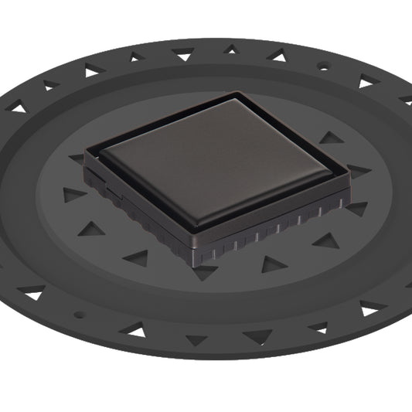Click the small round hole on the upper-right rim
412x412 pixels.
[x=323, y=67]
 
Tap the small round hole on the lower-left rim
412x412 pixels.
[x=77, y=315]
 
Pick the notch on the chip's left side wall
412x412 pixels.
[x=113, y=186]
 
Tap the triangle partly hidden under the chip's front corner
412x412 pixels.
[x=204, y=271]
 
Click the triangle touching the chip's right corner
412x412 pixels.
[x=358, y=171]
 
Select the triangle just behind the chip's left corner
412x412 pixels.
[x=77, y=158]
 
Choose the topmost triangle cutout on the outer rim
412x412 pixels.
[x=230, y=49]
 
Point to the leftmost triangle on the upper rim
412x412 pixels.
[x=18, y=108]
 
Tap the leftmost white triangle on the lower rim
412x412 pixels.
[x=33, y=293]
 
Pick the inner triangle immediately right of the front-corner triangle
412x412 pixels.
[x=273, y=264]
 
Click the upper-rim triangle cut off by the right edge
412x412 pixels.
[x=406, y=99]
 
